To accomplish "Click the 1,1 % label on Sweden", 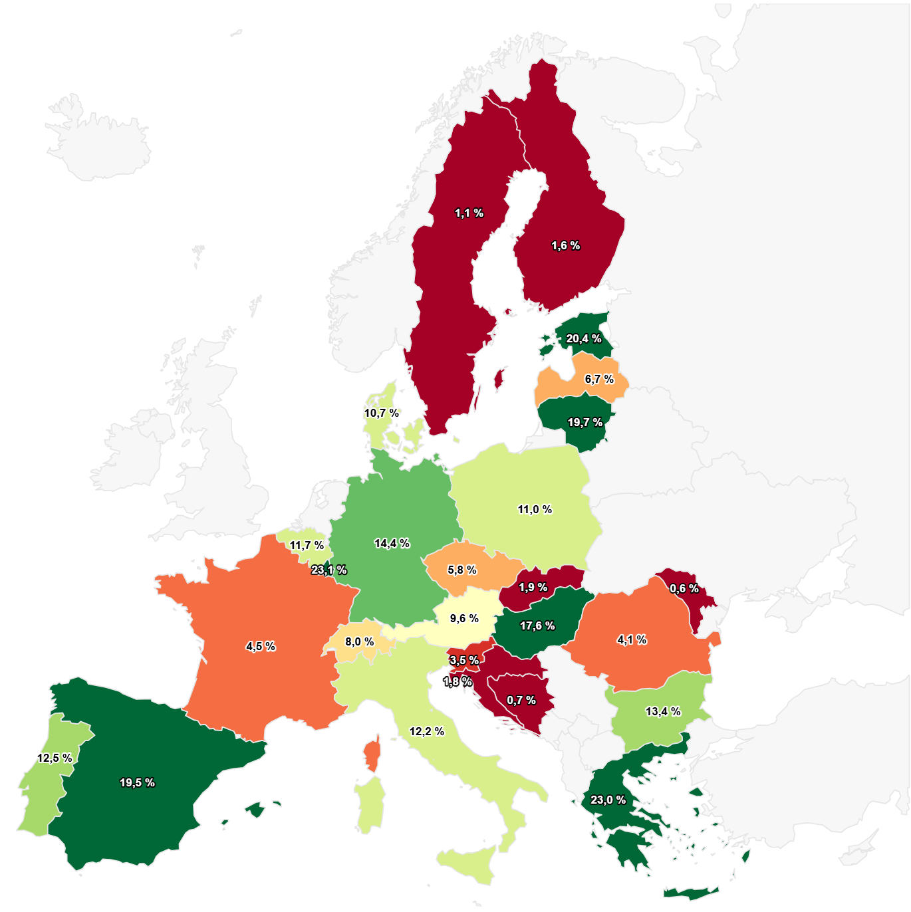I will pos(469,213).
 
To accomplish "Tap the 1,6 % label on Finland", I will pos(565,246).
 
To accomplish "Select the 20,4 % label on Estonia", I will pos(583,339).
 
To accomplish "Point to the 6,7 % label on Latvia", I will pos(599,380).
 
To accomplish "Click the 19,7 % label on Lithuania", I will pos(585,423).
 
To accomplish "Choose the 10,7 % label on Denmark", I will pos(381,413).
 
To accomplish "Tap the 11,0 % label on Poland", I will pos(535,510).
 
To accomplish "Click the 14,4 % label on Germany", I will pos(392,544).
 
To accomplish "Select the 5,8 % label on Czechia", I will pos(461,570).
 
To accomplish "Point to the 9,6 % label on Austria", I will pos(464,619).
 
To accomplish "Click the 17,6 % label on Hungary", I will pos(537,626).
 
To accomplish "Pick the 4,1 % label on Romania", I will pos(632,640).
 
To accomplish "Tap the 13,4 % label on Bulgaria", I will pos(663,712).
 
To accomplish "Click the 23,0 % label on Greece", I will pos(608,800).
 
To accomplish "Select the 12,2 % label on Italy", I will pos(426,732).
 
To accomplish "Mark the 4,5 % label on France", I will pos(261,647).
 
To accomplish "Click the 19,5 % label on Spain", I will pos(137,783).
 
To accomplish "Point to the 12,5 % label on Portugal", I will pos(55,758).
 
